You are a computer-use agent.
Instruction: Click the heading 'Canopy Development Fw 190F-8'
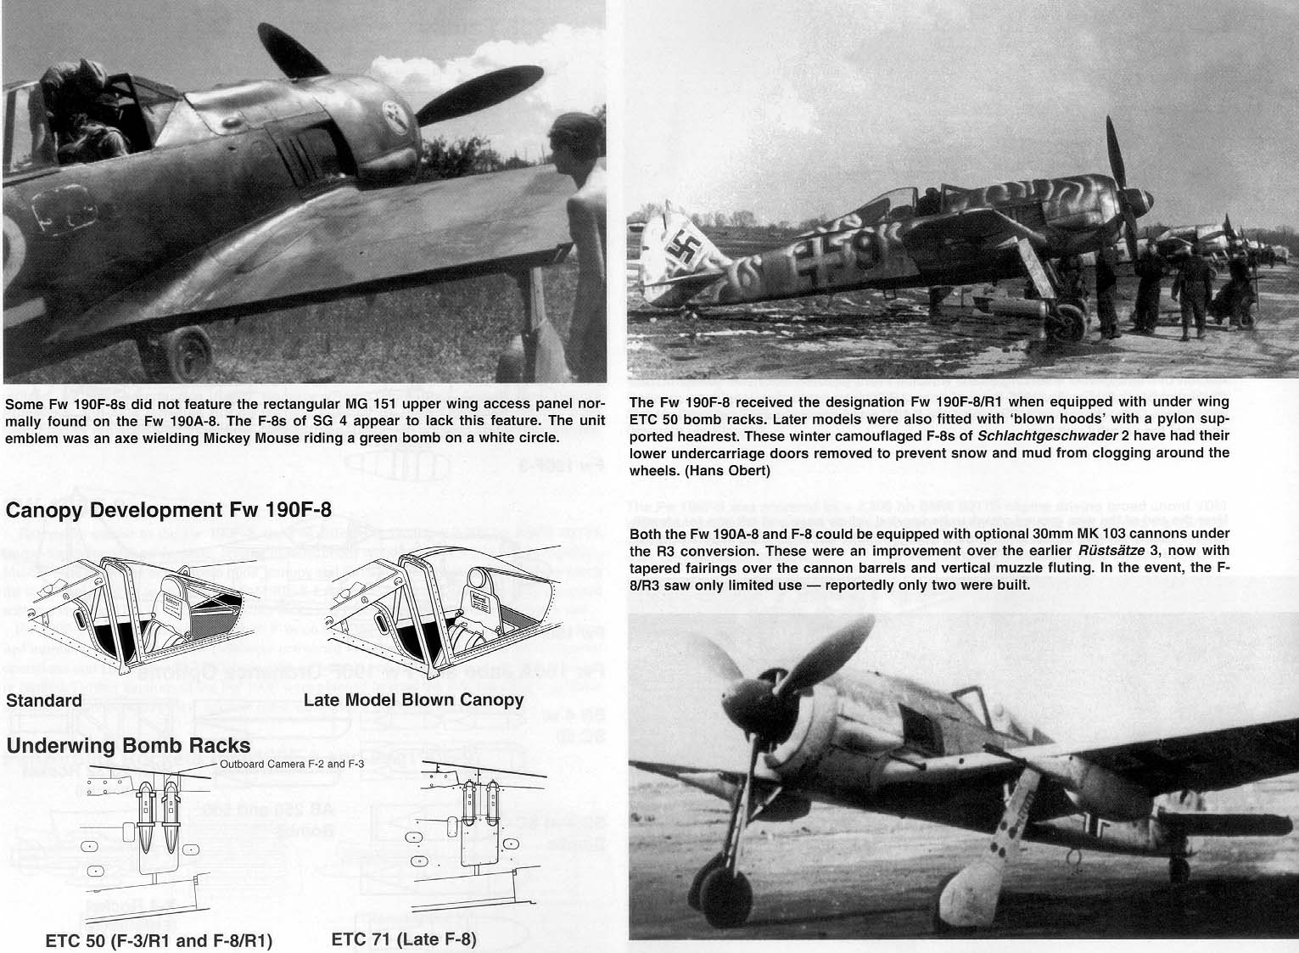pyautogui.click(x=168, y=511)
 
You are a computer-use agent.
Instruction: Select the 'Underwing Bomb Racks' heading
pyautogui.click(x=128, y=746)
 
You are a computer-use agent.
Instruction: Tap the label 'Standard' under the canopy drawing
pyautogui.click(x=44, y=701)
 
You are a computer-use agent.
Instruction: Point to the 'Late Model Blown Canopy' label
pyautogui.click(x=413, y=701)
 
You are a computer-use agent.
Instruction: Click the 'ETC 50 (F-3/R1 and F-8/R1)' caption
pyautogui.click(x=159, y=940)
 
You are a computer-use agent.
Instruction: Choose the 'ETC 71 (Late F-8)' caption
pyautogui.click(x=404, y=939)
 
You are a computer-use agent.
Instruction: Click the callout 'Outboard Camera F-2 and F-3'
pyautogui.click(x=291, y=765)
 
